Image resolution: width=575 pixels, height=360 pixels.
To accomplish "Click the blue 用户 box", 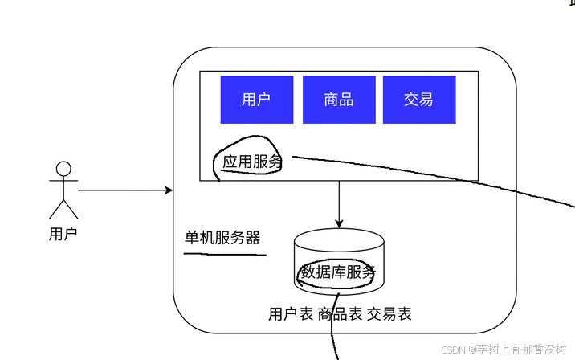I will click(x=257, y=100).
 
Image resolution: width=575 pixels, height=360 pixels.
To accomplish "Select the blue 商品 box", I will click(x=338, y=100).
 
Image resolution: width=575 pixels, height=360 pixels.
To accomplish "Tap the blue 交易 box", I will click(x=419, y=100).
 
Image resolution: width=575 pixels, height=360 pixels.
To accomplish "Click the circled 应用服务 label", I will click(x=252, y=162).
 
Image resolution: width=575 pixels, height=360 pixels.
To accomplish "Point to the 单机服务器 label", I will click(x=222, y=238).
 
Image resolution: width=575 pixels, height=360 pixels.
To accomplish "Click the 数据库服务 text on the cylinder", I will click(x=338, y=272).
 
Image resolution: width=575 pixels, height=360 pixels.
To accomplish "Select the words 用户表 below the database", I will click(x=291, y=314).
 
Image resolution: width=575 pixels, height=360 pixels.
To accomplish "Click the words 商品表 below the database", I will click(x=340, y=314).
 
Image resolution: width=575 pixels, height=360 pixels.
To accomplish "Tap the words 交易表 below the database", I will click(x=389, y=314).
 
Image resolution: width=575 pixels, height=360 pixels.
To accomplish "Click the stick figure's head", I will click(x=63, y=169).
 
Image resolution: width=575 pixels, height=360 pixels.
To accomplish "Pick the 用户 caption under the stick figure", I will click(x=63, y=235).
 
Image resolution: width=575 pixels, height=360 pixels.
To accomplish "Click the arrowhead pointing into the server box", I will click(x=169, y=190).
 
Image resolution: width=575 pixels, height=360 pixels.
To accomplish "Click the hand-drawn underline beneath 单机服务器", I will click(x=225, y=254).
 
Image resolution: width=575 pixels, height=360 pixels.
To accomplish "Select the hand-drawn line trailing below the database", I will click(x=331, y=329).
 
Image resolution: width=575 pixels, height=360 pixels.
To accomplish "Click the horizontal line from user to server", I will click(x=120, y=190).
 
